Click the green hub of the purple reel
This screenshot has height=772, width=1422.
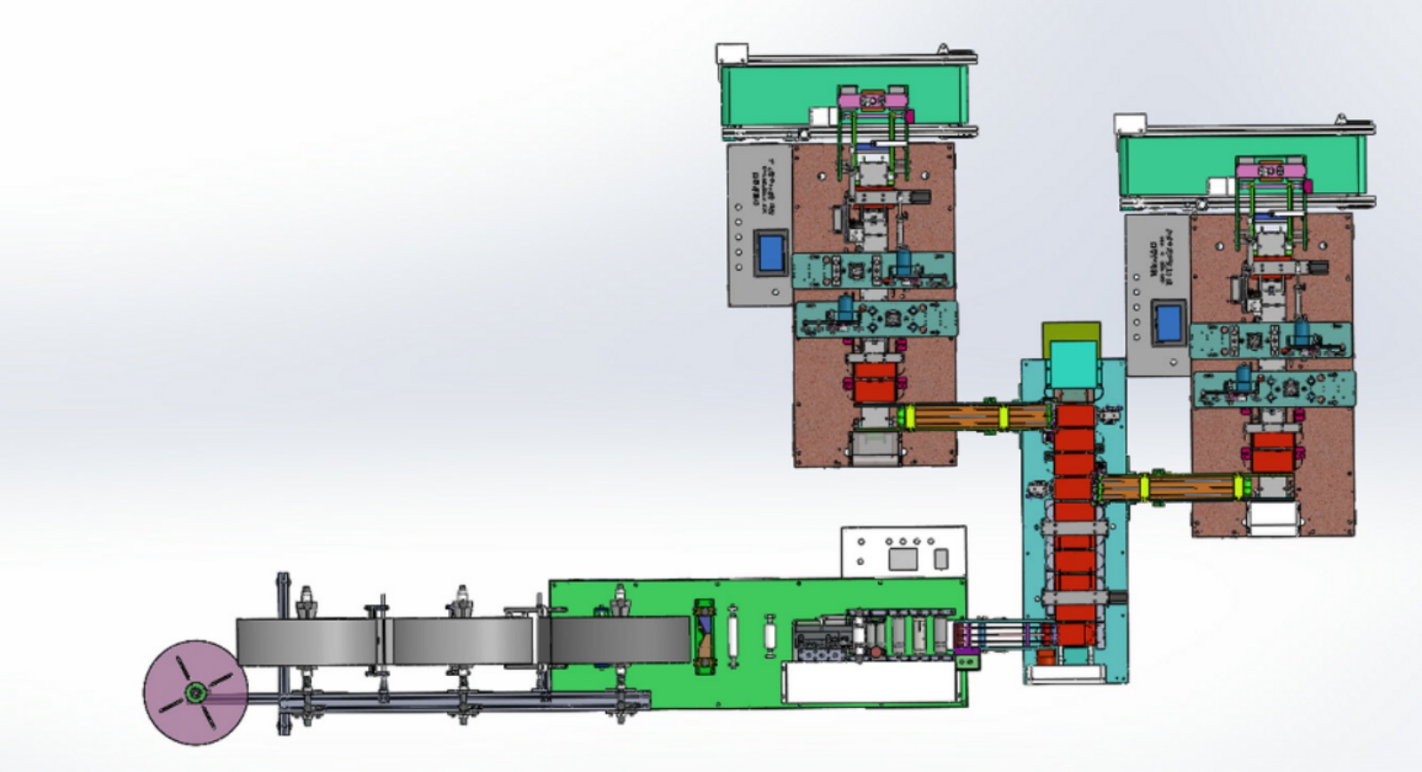click(x=194, y=693)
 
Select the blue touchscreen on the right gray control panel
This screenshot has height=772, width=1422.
click(x=1167, y=323)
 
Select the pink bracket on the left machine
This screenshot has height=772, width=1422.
click(x=875, y=101)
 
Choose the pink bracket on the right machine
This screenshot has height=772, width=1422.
click(x=1271, y=170)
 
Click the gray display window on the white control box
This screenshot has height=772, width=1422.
click(x=902, y=559)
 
